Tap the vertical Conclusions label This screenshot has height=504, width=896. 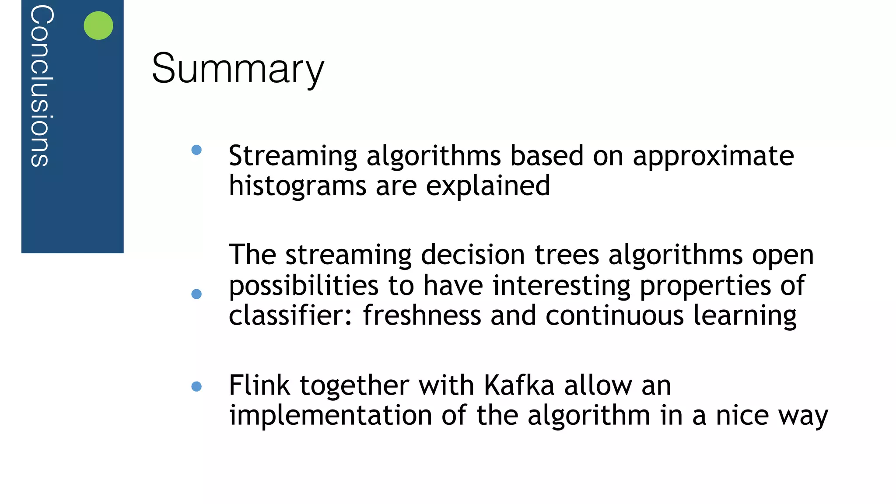pos(42,86)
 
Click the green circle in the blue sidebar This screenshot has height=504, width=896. pos(98,25)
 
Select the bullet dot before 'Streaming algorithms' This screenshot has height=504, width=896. pos(196,150)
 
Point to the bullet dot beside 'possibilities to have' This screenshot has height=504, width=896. pos(196,294)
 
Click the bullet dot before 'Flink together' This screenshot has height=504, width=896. pos(196,386)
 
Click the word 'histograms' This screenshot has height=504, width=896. pos(297,186)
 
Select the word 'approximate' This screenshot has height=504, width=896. pos(713,156)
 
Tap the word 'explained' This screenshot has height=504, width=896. pos(488,186)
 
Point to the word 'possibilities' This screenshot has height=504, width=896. pos(304,286)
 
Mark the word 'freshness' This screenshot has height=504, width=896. pos(422,315)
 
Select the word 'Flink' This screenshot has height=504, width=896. pos(259,385)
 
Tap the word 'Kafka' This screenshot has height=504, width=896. pos(519,385)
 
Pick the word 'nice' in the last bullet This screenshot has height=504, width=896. pos(742,416)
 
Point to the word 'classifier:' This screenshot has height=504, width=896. pos(290,315)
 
